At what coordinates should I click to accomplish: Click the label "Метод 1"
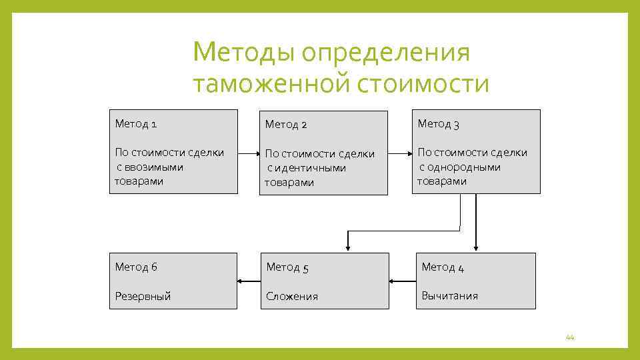pos(136,123)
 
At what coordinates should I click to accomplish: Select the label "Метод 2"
pos(286,125)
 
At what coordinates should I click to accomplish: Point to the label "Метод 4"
pos(443,267)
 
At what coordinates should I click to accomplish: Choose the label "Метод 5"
pos(287,267)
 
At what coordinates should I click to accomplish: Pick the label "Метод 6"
pos(136,267)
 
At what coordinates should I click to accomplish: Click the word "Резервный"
pos(143,296)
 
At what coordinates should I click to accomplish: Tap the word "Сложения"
pos(292,296)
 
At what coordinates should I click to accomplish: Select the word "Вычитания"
pos(449,295)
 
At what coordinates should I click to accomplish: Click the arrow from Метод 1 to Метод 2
pos(248,153)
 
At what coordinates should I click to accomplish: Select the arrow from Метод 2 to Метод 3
pos(400,153)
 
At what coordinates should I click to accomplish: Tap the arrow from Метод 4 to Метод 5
pos(402,281)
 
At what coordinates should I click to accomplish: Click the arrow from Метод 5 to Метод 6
pos(247,281)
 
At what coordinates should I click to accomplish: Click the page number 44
pos(569,337)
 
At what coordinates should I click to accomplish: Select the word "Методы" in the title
pos(243,53)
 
